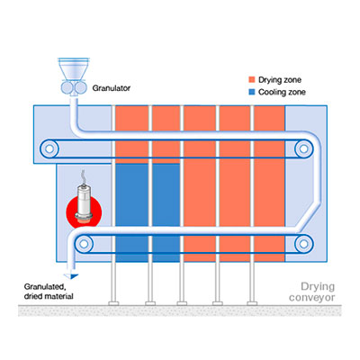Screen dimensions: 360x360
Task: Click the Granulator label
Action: (112, 88)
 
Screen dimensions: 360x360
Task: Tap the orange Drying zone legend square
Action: (252, 80)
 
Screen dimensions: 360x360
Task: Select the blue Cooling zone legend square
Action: (252, 92)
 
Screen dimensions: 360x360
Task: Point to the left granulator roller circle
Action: (67, 88)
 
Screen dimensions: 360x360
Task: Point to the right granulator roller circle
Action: (80, 88)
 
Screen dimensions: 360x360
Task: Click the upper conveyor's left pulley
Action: (49, 148)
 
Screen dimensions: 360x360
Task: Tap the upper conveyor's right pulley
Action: (303, 148)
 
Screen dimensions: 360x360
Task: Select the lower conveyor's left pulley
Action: (84, 244)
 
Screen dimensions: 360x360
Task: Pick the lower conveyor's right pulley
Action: (303, 244)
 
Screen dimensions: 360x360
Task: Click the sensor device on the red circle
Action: (84, 204)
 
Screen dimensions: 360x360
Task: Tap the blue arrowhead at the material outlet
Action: (71, 276)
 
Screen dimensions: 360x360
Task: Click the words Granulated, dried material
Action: (49, 292)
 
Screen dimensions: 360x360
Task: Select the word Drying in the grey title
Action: (318, 286)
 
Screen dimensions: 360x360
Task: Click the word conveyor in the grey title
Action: (311, 298)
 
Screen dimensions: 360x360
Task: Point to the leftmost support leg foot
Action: (113, 303)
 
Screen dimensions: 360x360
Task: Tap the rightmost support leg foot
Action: (252, 303)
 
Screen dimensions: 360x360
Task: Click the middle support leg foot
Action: (182, 303)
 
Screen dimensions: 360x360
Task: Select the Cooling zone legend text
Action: (282, 92)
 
